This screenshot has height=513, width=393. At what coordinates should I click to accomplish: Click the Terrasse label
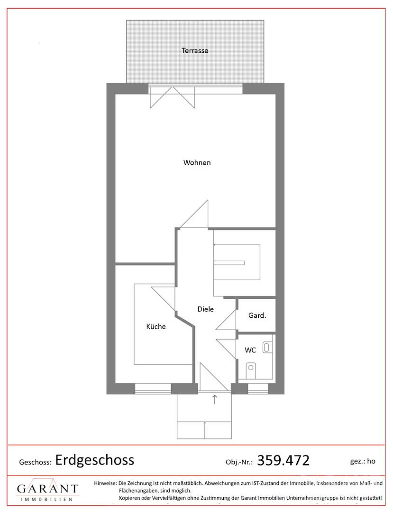click(x=195, y=51)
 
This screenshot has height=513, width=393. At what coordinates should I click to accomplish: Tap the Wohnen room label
click(x=197, y=162)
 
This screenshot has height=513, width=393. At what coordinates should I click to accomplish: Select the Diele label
click(x=206, y=309)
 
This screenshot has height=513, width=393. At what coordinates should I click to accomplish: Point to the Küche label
click(x=156, y=326)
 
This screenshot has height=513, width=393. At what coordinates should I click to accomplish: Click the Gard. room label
click(x=257, y=315)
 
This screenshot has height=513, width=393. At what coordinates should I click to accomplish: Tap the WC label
click(x=250, y=350)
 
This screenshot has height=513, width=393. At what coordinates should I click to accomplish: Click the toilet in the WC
click(x=251, y=370)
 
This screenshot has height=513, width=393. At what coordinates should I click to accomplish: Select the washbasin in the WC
click(x=267, y=347)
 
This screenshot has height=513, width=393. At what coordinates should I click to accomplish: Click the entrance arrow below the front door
click(x=215, y=399)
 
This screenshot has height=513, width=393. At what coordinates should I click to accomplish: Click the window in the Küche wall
click(x=153, y=389)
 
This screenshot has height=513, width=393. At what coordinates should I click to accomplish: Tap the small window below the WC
click(x=258, y=389)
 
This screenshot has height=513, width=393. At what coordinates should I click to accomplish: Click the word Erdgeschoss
click(x=95, y=460)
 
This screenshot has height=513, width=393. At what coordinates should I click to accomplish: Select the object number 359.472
click(x=283, y=460)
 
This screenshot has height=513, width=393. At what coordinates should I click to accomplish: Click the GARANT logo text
click(x=48, y=489)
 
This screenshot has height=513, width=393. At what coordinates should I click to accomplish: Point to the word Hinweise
click(x=105, y=483)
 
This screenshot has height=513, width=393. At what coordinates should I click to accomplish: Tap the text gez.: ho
click(x=363, y=461)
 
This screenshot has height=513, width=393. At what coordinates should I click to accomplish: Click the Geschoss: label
click(x=35, y=462)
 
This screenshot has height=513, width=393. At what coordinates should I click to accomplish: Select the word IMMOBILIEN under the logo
click(x=46, y=500)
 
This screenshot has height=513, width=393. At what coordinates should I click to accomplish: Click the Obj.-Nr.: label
click(x=239, y=462)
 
